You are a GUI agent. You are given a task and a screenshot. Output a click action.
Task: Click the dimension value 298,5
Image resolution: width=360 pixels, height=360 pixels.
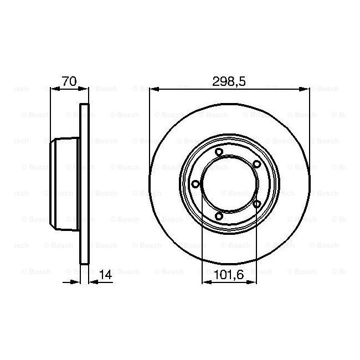[x=229, y=81]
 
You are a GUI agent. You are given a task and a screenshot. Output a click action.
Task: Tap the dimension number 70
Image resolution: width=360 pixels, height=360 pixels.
[x=69, y=81]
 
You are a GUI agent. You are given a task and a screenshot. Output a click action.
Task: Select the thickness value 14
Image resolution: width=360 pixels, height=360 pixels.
[x=106, y=275]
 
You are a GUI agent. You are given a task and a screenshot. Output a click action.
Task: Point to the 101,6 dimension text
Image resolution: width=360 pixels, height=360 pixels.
[x=229, y=275]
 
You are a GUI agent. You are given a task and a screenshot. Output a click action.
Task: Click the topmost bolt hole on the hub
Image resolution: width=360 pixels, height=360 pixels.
[x=219, y=152]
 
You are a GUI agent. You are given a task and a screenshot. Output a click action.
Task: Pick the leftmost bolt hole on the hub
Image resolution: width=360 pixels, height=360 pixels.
[x=196, y=184]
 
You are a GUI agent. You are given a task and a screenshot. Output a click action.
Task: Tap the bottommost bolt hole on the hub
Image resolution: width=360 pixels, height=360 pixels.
[x=219, y=216]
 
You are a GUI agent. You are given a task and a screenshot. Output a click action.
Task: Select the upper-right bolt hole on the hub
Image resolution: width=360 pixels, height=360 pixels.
[x=256, y=164]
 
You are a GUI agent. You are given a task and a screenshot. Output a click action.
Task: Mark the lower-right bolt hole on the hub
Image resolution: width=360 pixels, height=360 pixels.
[x=256, y=204]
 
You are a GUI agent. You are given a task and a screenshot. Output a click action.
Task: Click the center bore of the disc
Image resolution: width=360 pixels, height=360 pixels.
[x=229, y=184]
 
